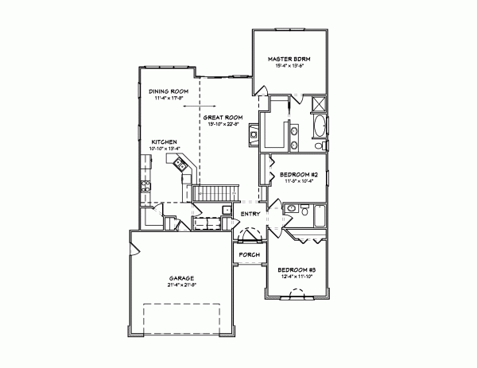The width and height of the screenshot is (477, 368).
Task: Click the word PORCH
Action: (249, 254)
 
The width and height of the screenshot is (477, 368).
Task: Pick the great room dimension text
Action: (223, 125)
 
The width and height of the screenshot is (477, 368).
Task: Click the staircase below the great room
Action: (216, 193)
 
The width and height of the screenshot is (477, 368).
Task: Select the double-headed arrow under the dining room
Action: (192, 105)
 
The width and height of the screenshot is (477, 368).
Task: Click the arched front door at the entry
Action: (251, 235)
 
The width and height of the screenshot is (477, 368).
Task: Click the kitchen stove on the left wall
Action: (145, 188)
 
